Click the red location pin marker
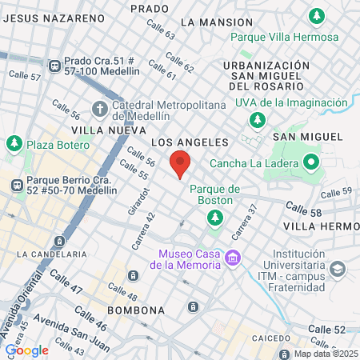tap(181, 163)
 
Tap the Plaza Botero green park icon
tap(14, 144)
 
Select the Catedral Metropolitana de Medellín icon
tap(99, 108)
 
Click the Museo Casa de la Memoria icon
tap(233, 257)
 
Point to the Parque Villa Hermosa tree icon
tap(318, 15)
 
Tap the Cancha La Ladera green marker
tap(310, 165)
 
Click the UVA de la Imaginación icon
tap(257, 119)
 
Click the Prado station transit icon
tap(54, 66)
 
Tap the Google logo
tap(27, 350)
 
